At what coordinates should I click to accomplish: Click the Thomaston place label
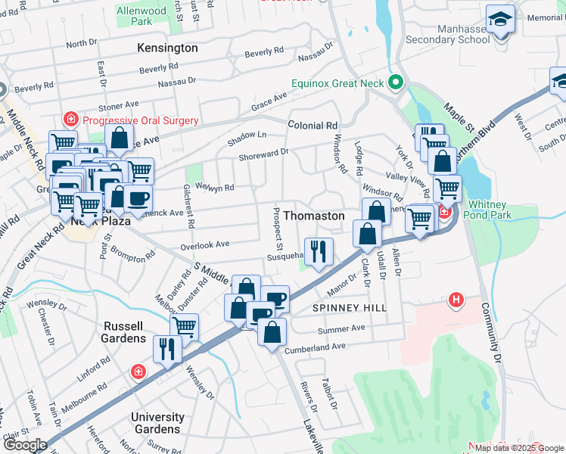(313, 216)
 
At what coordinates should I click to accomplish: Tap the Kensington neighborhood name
(167, 48)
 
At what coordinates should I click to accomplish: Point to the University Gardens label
(157, 423)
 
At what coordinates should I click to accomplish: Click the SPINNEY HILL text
(350, 308)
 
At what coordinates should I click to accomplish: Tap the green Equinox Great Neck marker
(394, 82)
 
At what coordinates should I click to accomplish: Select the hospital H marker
(456, 300)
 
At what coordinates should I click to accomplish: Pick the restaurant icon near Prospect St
(318, 250)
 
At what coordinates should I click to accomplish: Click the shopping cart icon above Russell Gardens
(184, 326)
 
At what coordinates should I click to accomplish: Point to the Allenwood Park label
(141, 16)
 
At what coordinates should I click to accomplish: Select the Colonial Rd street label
(312, 126)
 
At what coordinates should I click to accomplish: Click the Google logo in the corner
(25, 444)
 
